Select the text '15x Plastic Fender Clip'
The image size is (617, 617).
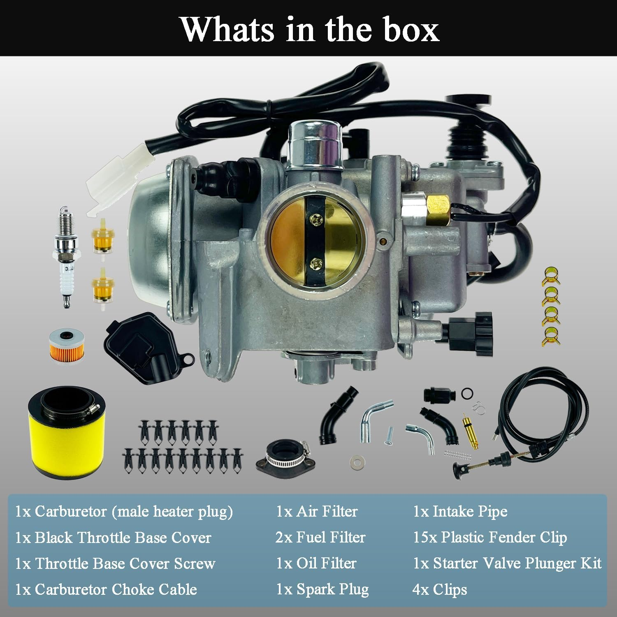[x=490, y=537]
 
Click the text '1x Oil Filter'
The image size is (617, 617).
[x=316, y=563]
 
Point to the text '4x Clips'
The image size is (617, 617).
[x=440, y=589]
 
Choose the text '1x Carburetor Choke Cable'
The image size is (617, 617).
[x=106, y=589]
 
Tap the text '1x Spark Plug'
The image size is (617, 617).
[x=322, y=589]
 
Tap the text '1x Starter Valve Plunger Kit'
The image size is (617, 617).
[x=507, y=563]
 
